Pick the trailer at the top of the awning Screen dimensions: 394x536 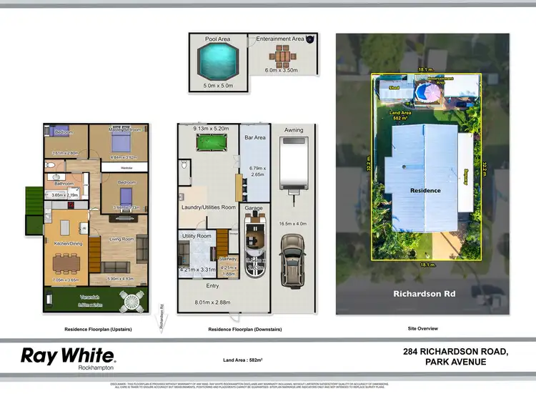point(293,163)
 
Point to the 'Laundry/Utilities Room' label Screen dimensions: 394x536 point(208,207)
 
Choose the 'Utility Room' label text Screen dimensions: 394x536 point(197,235)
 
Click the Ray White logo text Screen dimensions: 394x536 point(68,355)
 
